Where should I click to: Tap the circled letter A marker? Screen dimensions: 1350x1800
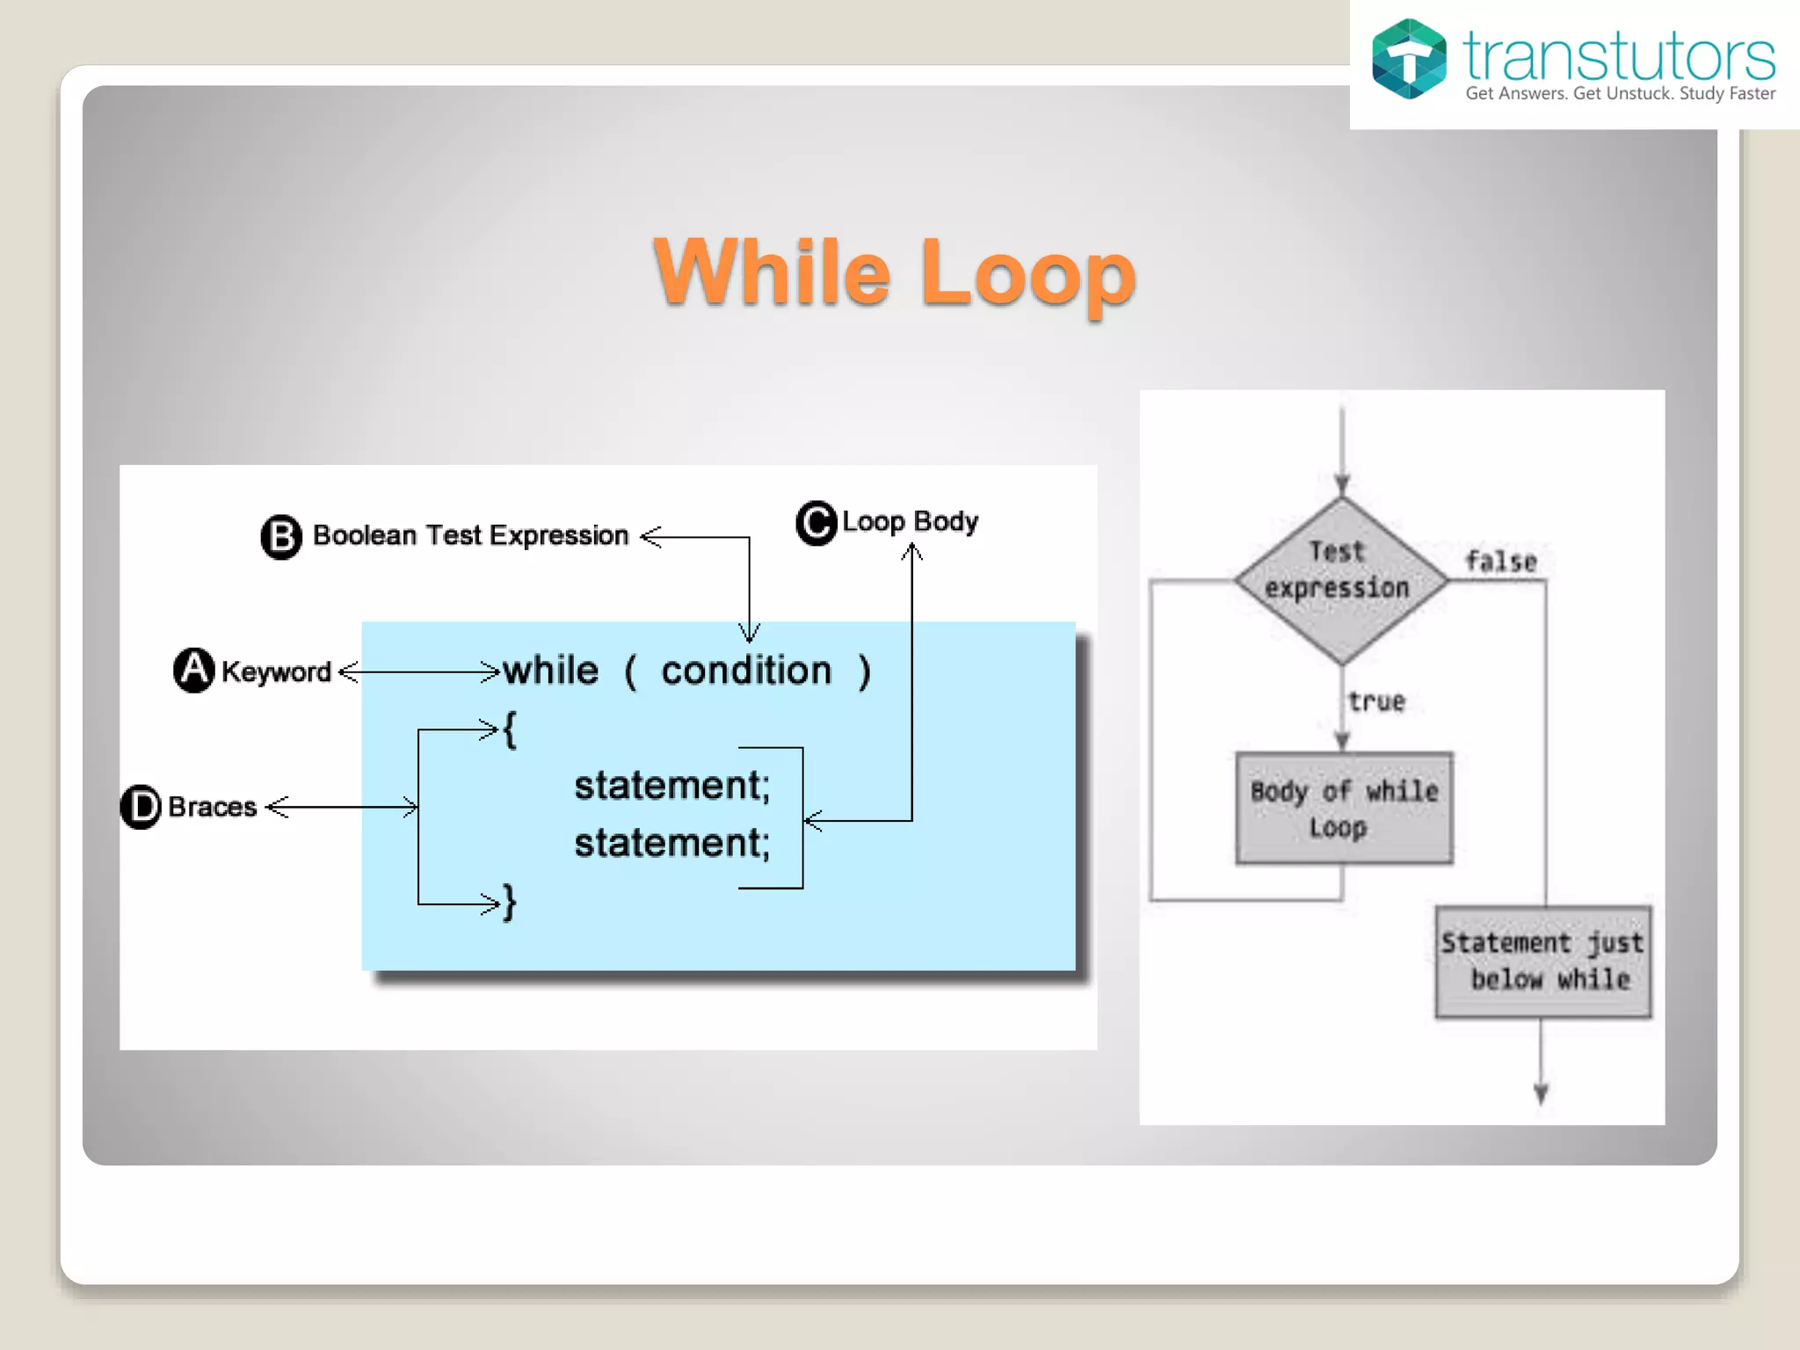[194, 671]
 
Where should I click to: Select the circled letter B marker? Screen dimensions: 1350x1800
[281, 536]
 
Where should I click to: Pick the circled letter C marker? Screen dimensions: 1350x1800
[817, 523]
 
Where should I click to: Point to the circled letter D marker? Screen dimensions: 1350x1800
[141, 807]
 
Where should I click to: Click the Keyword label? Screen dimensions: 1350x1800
[276, 671]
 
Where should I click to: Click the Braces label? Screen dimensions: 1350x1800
[212, 807]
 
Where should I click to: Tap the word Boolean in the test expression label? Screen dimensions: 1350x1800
[365, 535]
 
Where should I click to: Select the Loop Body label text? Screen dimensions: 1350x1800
[910, 521]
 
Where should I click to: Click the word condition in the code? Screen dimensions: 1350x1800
[746, 671]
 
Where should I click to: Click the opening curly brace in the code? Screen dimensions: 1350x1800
[510, 729]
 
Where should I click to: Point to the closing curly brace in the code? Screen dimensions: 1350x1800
[510, 903]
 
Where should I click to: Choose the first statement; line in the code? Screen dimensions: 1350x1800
[671, 785]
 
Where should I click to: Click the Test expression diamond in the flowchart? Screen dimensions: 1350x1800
[1339, 580]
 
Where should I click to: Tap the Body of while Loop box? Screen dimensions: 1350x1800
[1343, 809]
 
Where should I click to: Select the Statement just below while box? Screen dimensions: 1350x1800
[1542, 962]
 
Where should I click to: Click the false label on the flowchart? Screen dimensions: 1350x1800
[1500, 561]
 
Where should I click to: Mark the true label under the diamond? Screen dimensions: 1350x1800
[1376, 701]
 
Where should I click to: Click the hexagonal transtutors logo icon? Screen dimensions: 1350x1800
[1409, 59]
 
